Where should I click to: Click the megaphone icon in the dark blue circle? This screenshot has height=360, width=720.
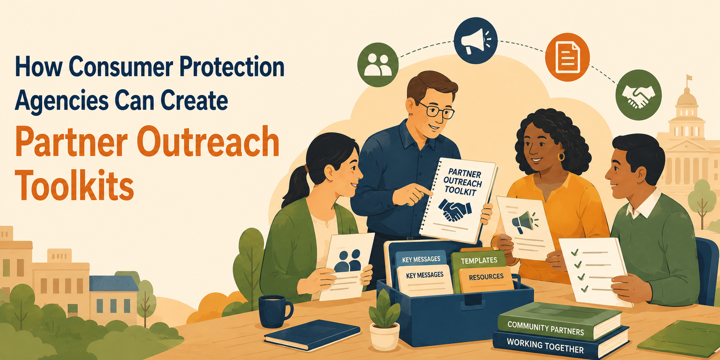[x=476, y=41]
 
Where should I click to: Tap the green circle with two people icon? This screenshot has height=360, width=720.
[x=378, y=65]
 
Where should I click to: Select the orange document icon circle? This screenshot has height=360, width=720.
[x=567, y=58]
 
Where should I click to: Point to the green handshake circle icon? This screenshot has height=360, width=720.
[x=638, y=95]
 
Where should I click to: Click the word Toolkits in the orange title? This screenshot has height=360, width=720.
[x=74, y=185]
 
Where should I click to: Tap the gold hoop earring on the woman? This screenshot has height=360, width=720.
[x=561, y=156]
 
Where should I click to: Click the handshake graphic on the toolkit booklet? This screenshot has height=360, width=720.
[x=455, y=209]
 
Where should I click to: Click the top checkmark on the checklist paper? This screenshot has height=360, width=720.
[x=575, y=252]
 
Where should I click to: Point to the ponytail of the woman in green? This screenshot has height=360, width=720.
[x=293, y=187]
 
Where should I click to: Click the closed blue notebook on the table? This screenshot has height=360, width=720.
[x=312, y=334]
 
